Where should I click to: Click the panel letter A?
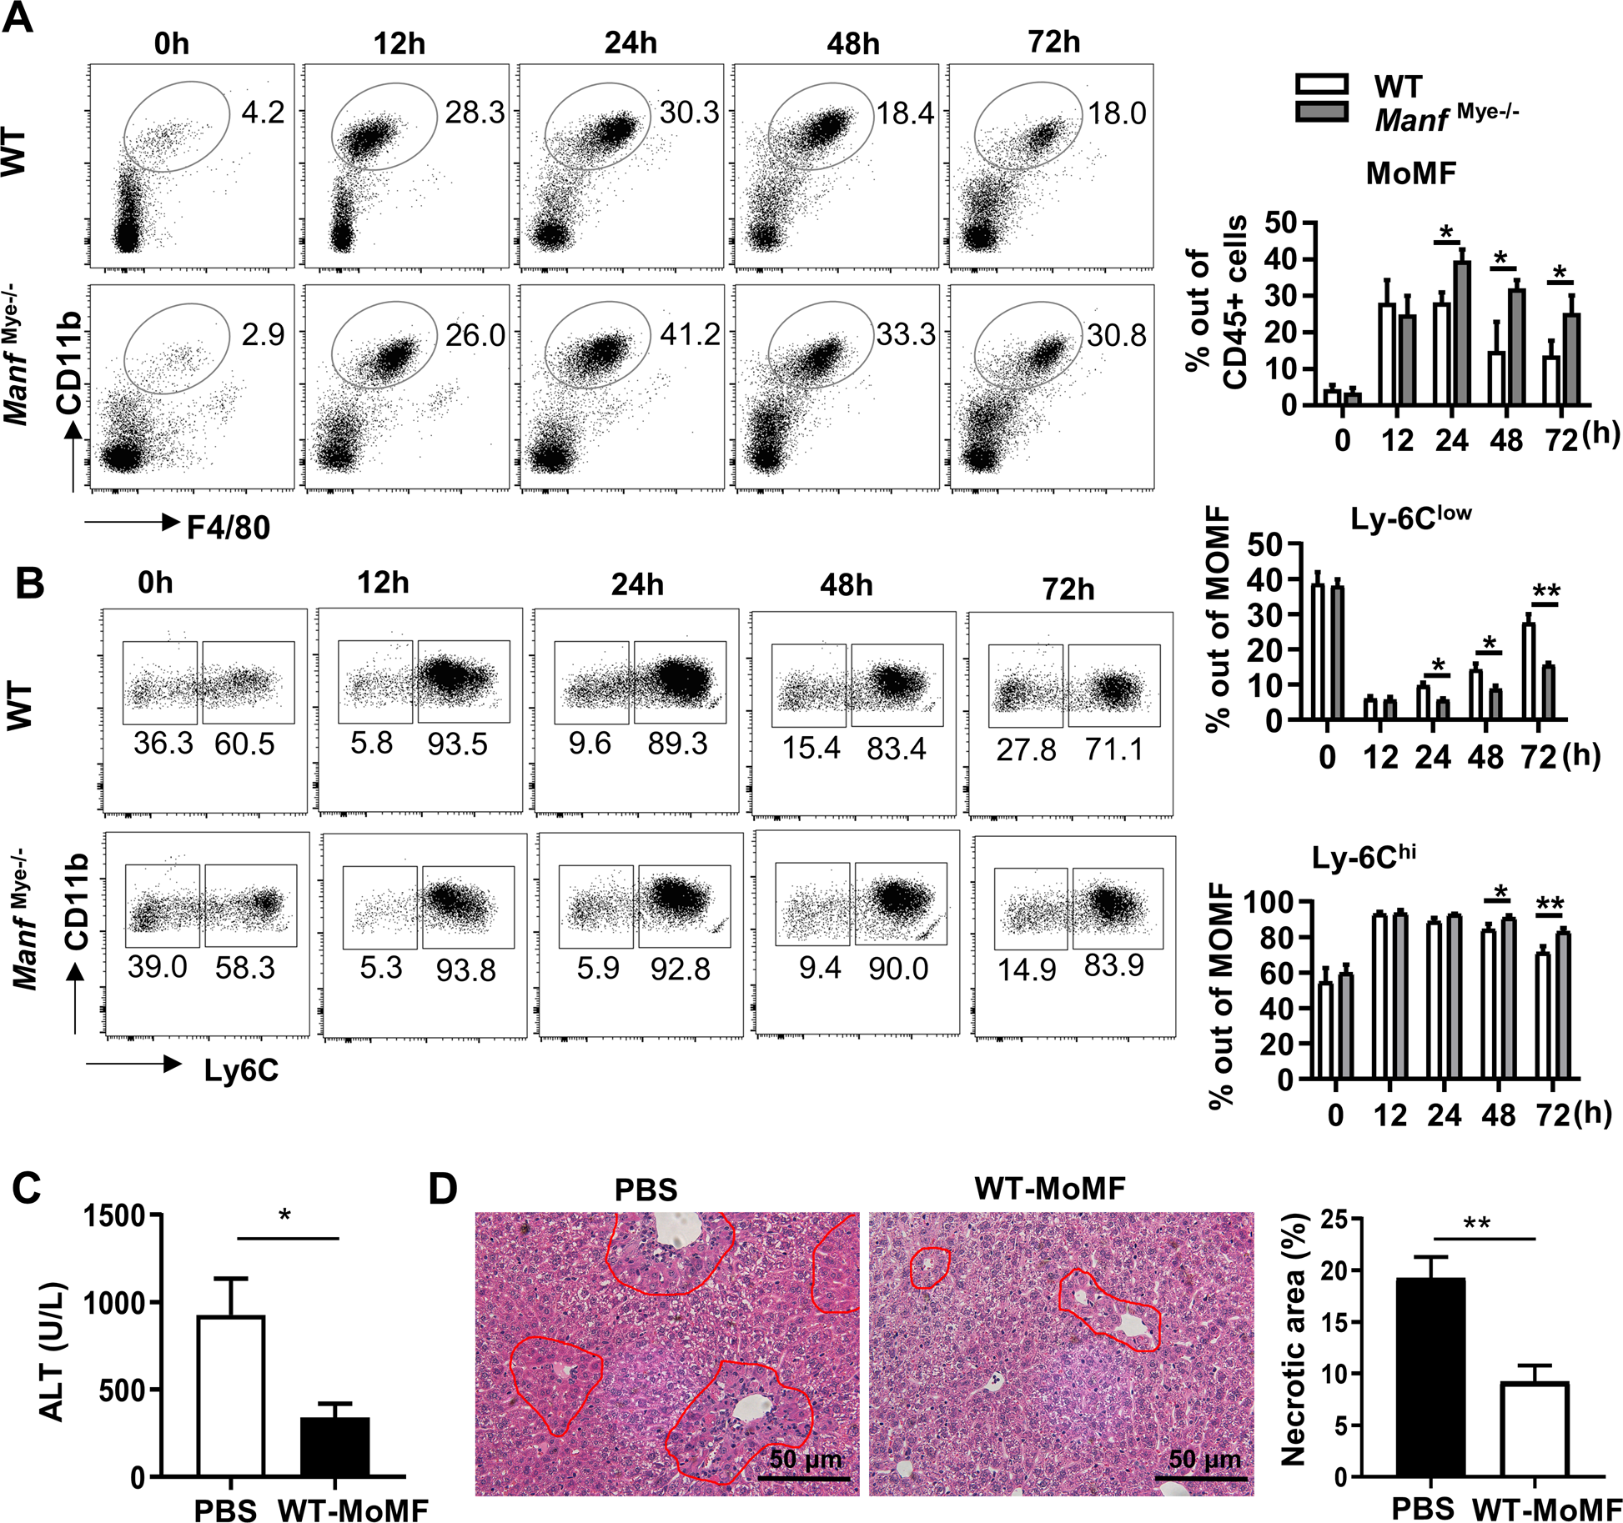[x=18, y=18]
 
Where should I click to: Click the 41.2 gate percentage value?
[x=689, y=334]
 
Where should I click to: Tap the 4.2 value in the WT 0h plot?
[x=263, y=112]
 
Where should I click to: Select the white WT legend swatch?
[x=1322, y=84]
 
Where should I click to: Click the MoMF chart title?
[x=1410, y=173]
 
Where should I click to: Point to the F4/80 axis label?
[x=228, y=528]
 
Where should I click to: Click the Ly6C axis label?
[x=241, y=1070]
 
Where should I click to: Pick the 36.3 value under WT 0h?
[x=163, y=743]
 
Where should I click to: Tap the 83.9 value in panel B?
[x=1113, y=965]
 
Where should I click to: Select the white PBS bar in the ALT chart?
[x=231, y=1395]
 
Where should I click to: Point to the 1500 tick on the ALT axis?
[x=113, y=1216]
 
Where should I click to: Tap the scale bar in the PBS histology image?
[x=804, y=1478]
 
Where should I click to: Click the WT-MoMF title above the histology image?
[x=1049, y=1188]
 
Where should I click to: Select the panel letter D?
[x=442, y=1188]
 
